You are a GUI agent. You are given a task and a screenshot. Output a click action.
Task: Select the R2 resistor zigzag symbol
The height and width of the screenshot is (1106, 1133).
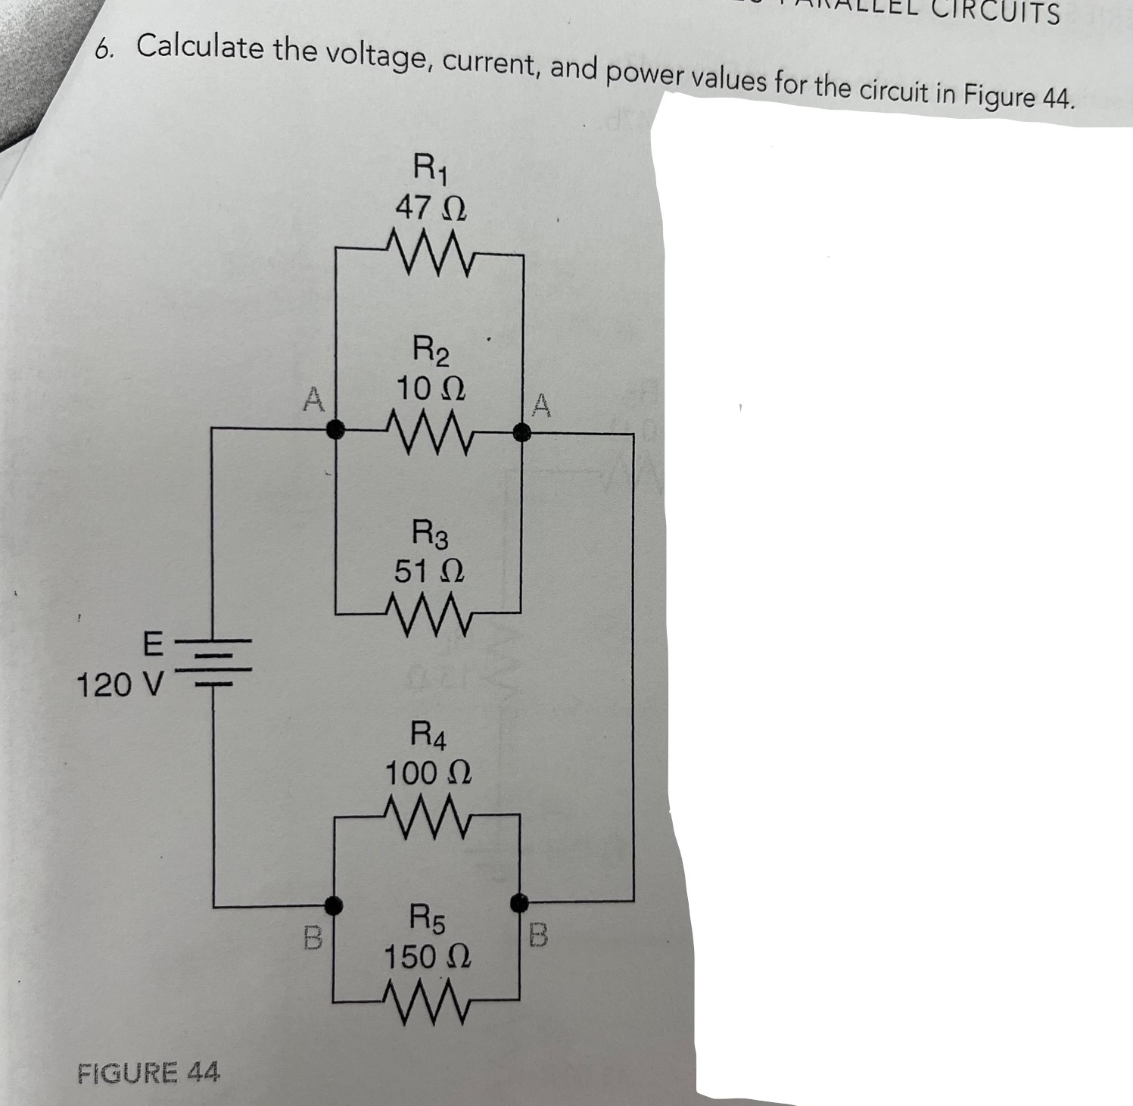tap(428, 431)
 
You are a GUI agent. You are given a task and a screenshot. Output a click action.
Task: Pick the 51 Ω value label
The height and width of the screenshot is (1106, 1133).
tap(429, 569)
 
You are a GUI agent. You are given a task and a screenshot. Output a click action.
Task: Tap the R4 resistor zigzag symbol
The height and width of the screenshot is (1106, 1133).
tap(428, 813)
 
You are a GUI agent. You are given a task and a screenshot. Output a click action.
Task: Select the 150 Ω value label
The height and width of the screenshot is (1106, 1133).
tap(428, 957)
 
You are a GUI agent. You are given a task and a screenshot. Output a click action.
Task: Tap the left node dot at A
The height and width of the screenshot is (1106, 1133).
tap(332, 430)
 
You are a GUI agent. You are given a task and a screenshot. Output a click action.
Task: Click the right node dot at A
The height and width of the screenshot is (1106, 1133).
tap(521, 431)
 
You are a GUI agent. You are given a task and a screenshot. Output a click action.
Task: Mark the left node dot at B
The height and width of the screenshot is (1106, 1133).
tap(331, 904)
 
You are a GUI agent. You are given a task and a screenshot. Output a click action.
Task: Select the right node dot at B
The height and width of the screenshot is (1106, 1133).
tap(519, 902)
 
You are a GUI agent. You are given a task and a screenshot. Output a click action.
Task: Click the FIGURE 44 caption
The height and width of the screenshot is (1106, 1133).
tap(149, 1072)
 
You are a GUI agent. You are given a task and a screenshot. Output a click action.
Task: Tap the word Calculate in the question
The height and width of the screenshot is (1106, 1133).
tap(200, 49)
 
